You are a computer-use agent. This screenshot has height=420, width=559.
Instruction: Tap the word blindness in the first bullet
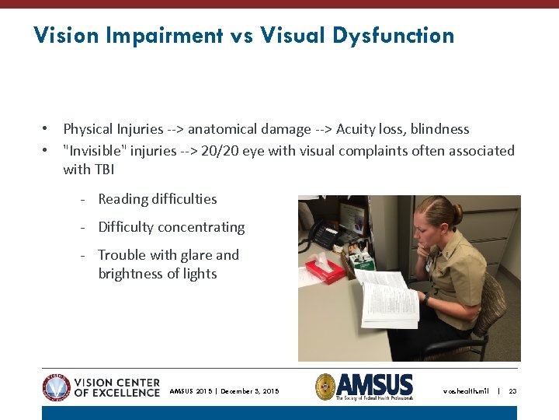pos(440,129)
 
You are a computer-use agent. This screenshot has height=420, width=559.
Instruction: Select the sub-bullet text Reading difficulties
pos(158,199)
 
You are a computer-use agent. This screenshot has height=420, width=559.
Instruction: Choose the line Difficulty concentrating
pos(171,227)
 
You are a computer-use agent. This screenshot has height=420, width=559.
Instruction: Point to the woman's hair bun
pos(454,211)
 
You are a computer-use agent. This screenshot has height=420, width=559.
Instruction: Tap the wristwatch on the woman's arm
pos(425,297)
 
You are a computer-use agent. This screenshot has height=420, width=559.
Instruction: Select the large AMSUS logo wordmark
pos(375,383)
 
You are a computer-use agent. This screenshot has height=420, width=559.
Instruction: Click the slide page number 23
pos(512,391)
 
